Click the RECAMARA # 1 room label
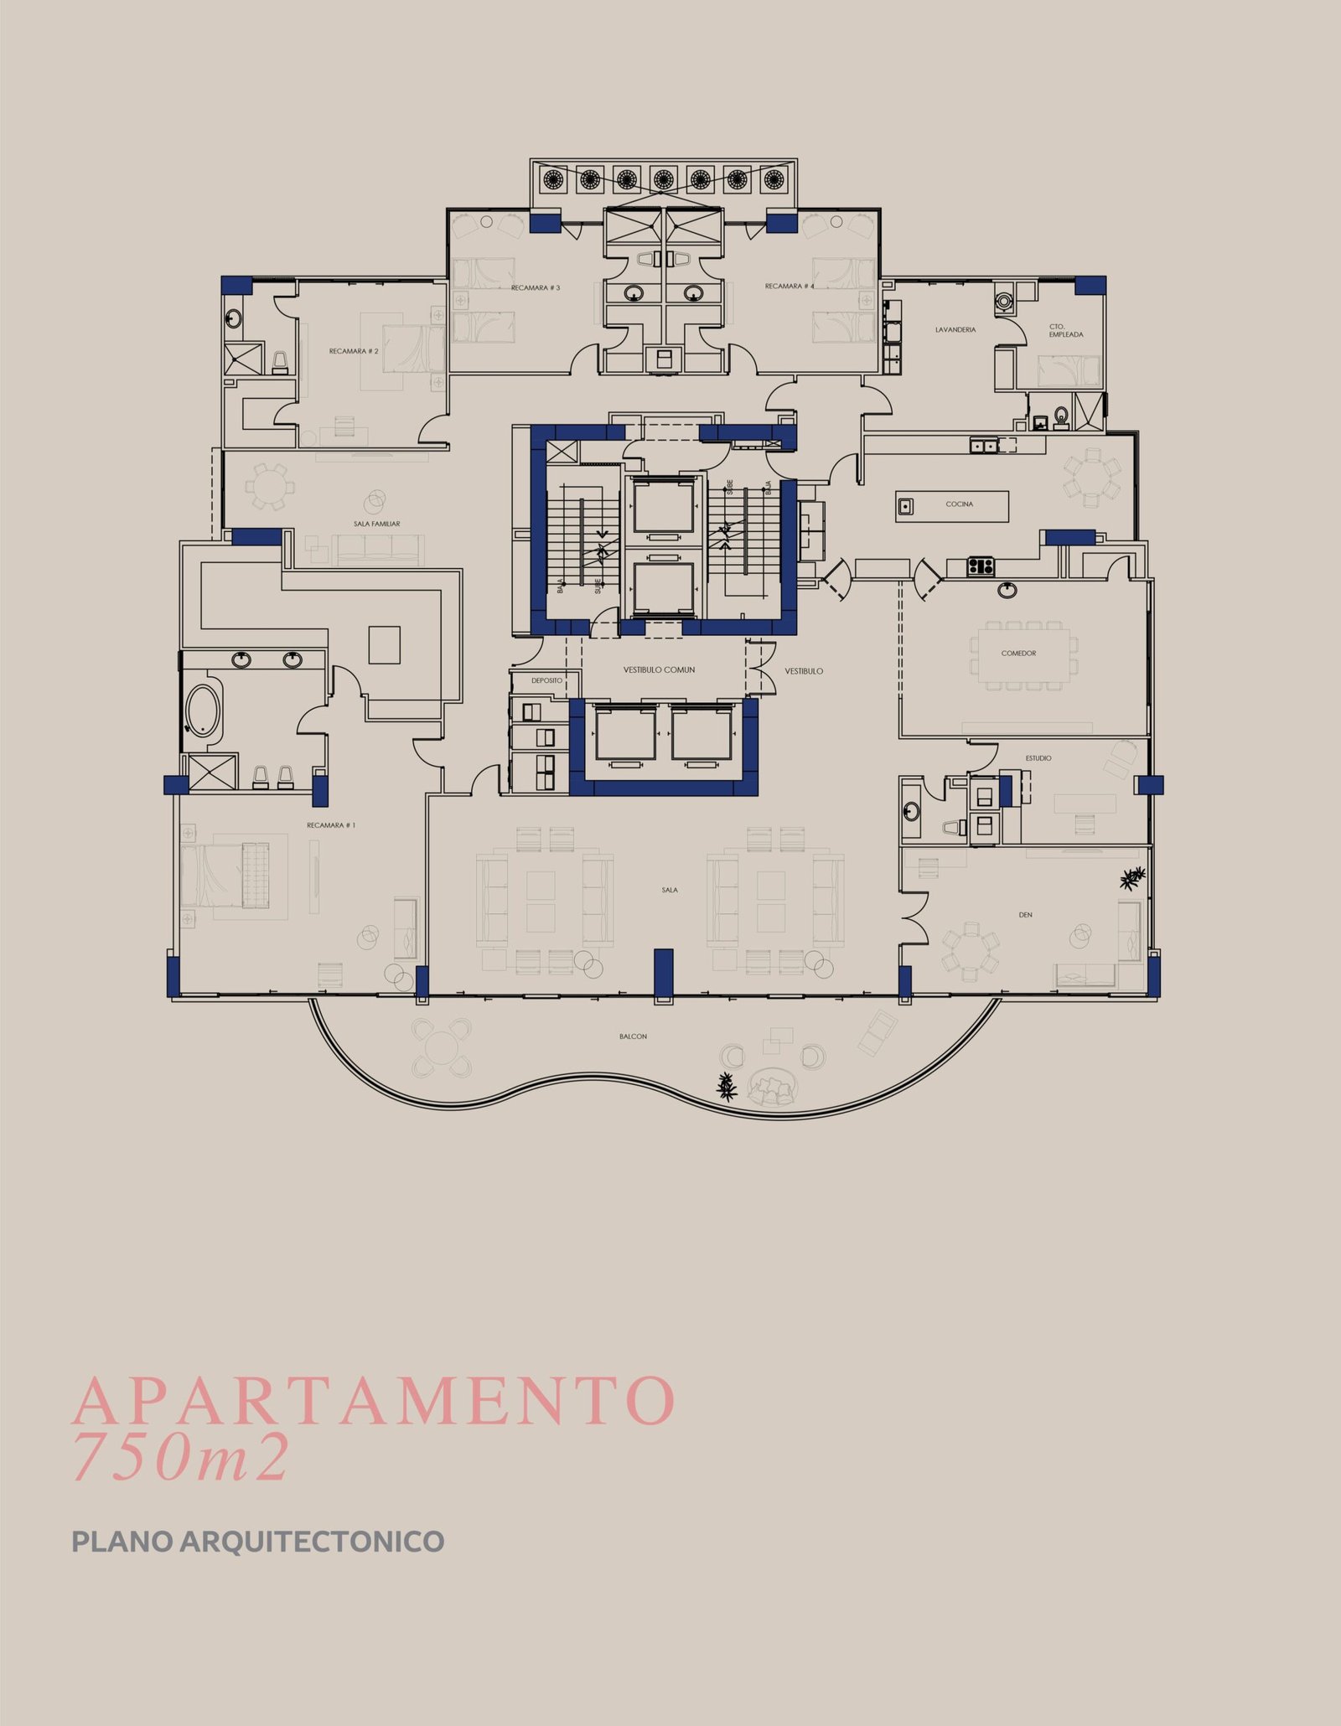tap(331, 825)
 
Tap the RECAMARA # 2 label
tap(354, 351)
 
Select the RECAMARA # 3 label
tap(536, 287)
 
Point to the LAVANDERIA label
tap(955, 329)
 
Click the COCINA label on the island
tap(960, 504)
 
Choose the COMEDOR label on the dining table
tap(1018, 653)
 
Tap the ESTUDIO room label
tap(1038, 757)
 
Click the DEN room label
tap(1026, 914)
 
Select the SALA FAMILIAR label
tap(376, 524)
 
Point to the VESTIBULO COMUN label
tap(659, 669)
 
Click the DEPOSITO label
tap(546, 680)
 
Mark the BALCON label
tap(634, 1036)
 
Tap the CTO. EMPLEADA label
tap(1066, 330)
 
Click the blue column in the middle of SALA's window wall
tap(664, 974)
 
